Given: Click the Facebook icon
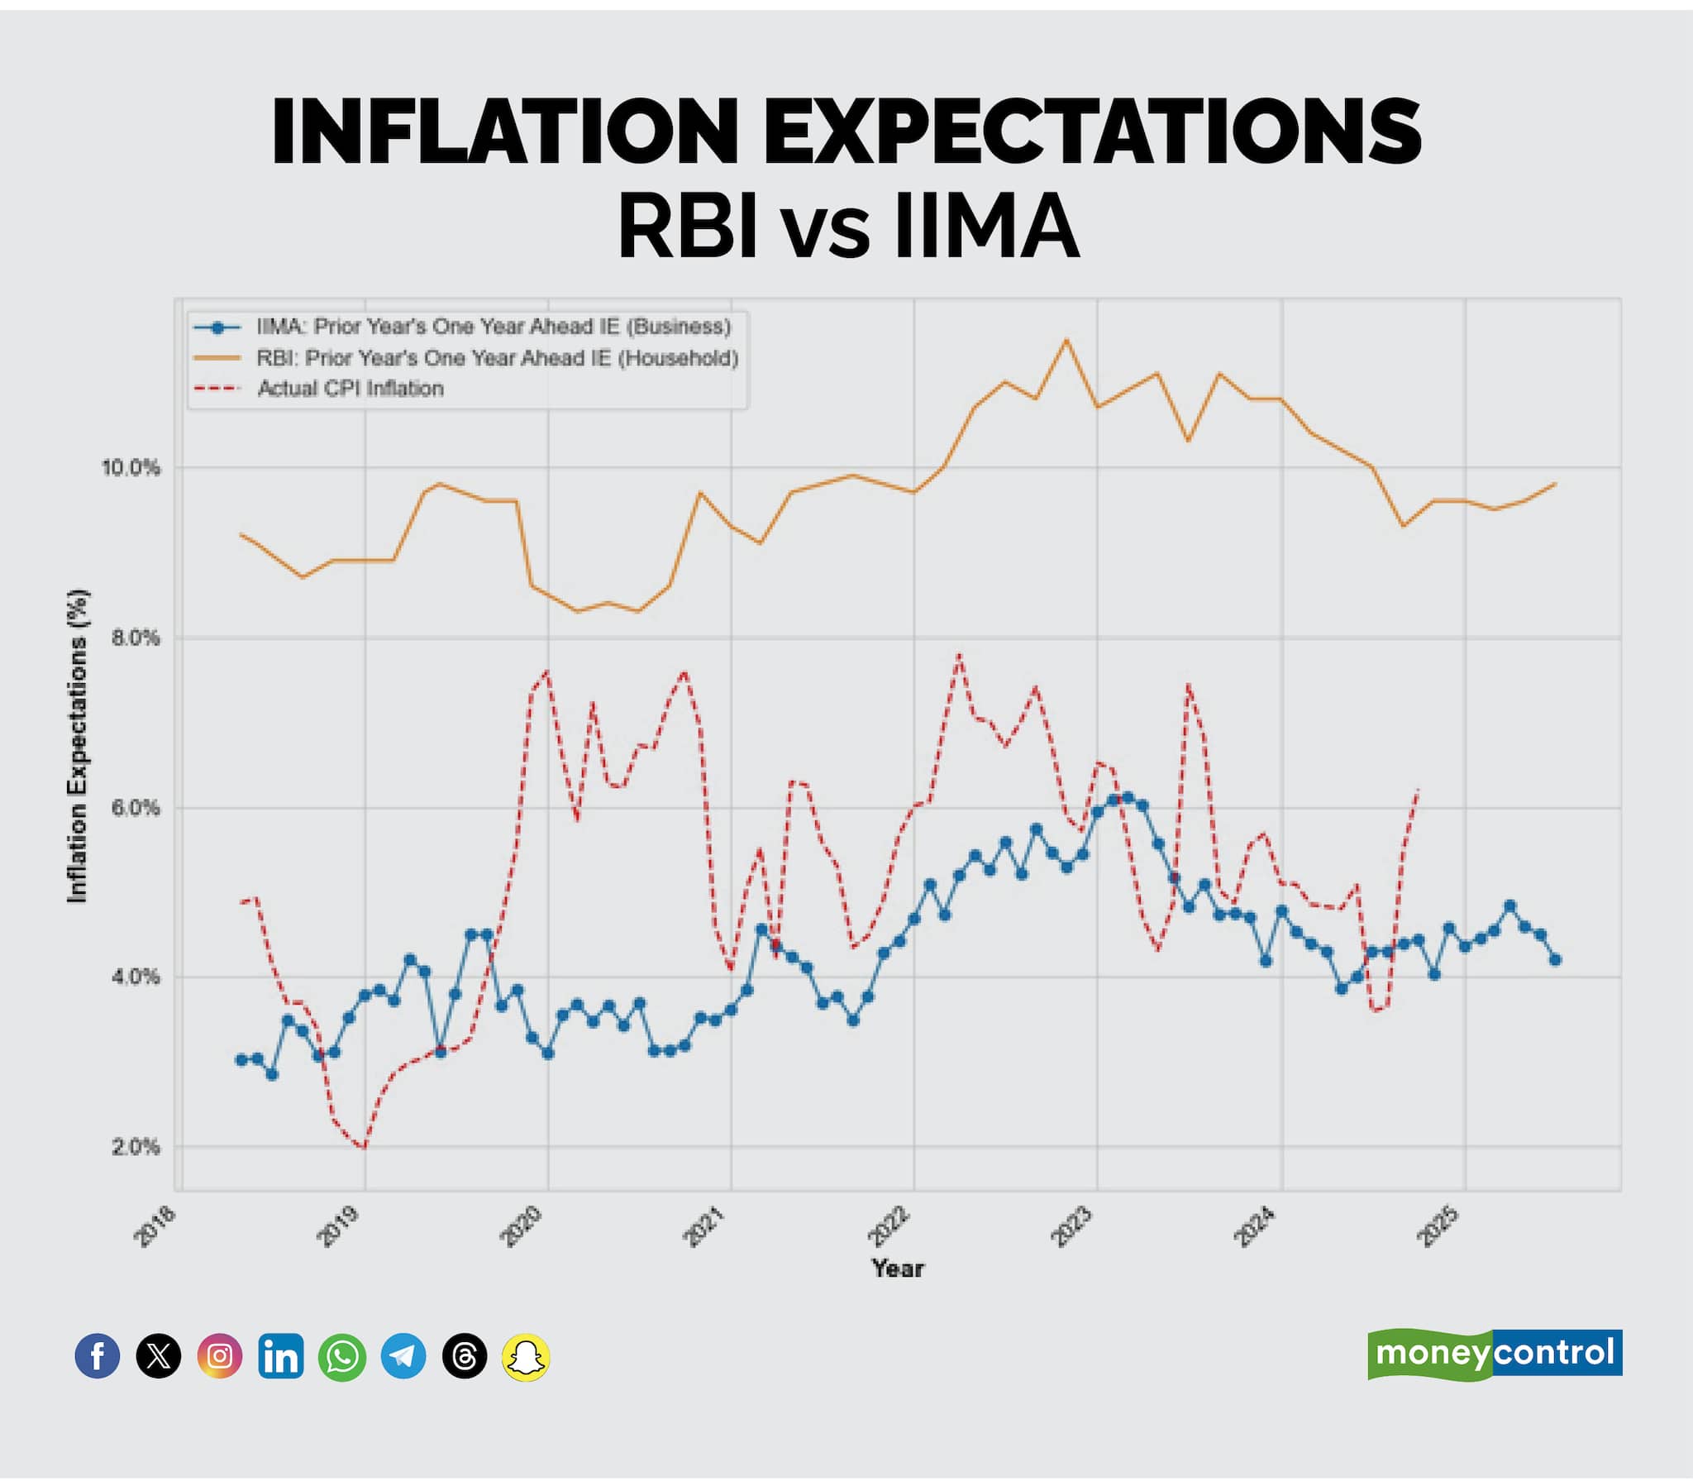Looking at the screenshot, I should point(98,1356).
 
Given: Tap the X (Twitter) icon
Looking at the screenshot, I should point(159,1356).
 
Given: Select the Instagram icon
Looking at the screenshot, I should point(220,1356).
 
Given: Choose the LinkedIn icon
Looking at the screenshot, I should point(281,1356).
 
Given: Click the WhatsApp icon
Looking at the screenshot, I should point(342,1356).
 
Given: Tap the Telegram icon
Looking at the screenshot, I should point(403,1356).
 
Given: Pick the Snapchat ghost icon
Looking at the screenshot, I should point(526,1356).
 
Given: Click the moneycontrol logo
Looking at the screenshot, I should point(1495,1354).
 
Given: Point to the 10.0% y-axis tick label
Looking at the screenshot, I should point(131,468).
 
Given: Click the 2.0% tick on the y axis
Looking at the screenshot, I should point(136,1147).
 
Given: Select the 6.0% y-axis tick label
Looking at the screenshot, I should point(136,808).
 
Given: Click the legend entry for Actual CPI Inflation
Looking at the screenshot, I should point(351,389).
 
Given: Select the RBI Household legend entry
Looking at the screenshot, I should point(497,358).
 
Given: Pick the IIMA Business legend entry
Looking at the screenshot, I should point(494,327).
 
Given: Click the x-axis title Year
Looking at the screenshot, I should point(898,1268).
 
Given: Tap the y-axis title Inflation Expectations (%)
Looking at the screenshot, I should point(77,745).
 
